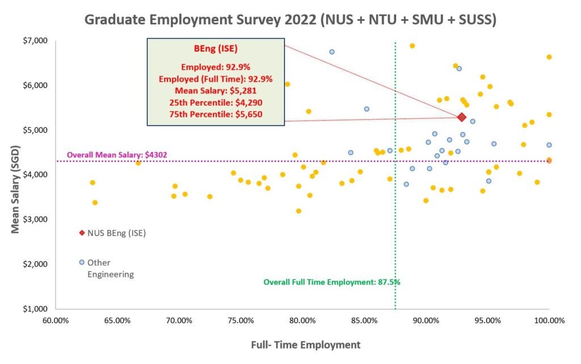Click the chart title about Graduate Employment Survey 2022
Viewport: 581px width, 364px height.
290,19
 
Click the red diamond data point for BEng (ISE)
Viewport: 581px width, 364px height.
462,117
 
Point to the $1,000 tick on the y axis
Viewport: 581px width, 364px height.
36,309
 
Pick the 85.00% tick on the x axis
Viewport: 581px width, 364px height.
364,321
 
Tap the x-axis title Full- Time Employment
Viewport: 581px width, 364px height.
306,344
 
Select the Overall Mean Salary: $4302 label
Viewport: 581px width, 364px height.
117,155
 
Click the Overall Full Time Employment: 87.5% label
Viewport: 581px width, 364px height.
332,282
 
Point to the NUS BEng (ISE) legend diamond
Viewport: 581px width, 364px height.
82,233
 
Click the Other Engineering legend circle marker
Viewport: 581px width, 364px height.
82,262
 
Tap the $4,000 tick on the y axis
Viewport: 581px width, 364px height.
36,175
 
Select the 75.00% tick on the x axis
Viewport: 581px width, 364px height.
241,321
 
